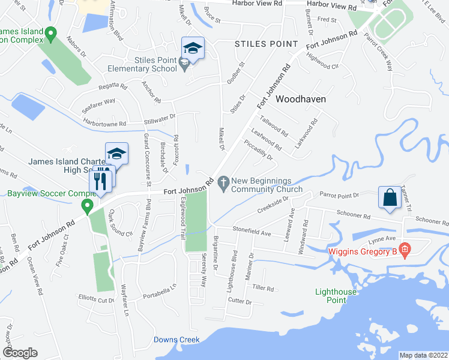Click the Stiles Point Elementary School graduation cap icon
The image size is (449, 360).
click(193, 48)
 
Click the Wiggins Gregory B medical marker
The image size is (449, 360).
click(405, 248)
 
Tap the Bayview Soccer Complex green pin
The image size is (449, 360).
click(87, 208)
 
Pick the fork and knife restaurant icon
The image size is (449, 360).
click(100, 181)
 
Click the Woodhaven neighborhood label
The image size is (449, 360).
click(300, 100)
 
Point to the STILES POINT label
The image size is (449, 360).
click(266, 44)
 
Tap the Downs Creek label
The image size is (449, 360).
click(176, 340)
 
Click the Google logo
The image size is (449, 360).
click(20, 353)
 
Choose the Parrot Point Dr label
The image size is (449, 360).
click(339, 195)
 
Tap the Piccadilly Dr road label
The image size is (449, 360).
click(259, 149)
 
